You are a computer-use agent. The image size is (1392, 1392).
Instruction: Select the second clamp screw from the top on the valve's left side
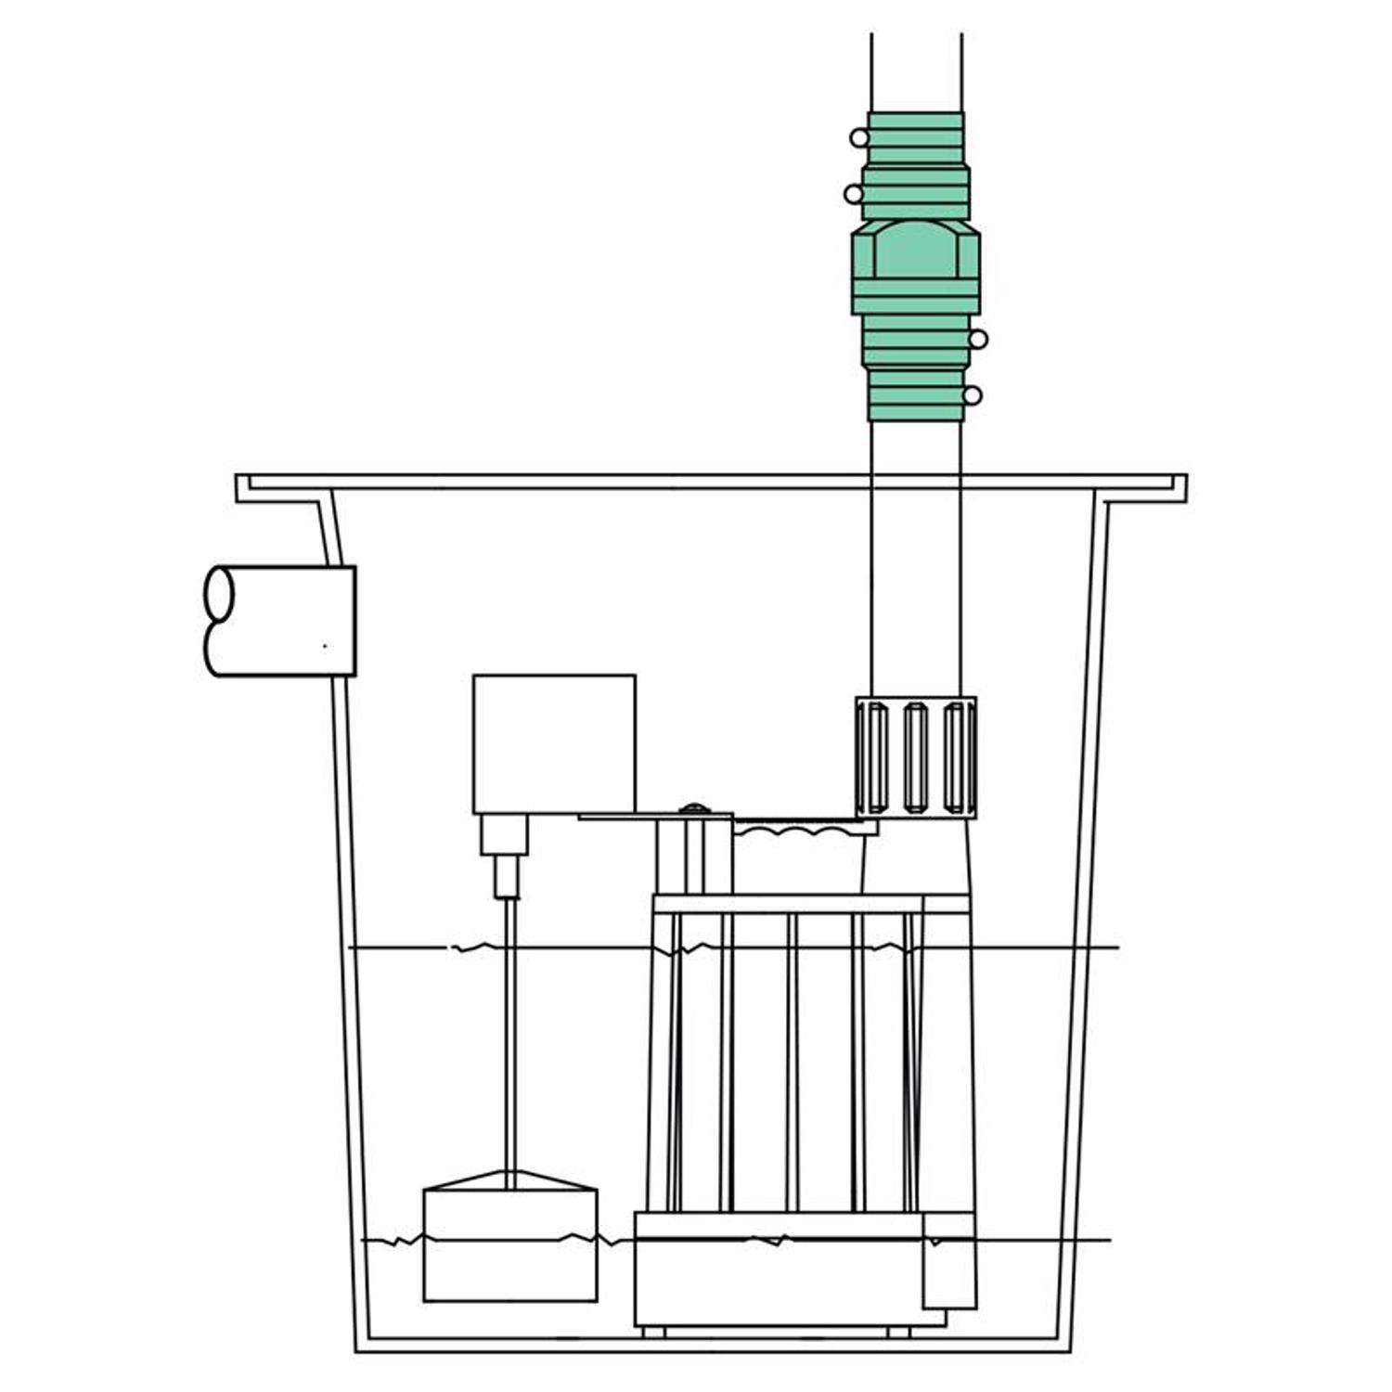pos(853,194)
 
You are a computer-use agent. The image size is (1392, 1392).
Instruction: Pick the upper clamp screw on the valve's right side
pos(978,340)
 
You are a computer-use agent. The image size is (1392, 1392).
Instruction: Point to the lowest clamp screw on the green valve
pos(972,396)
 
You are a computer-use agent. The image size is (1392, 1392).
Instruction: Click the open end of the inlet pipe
pos(219,620)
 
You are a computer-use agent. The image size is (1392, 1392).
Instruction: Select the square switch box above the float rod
pos(554,743)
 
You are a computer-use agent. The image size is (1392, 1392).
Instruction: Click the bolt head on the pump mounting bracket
pos(692,810)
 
